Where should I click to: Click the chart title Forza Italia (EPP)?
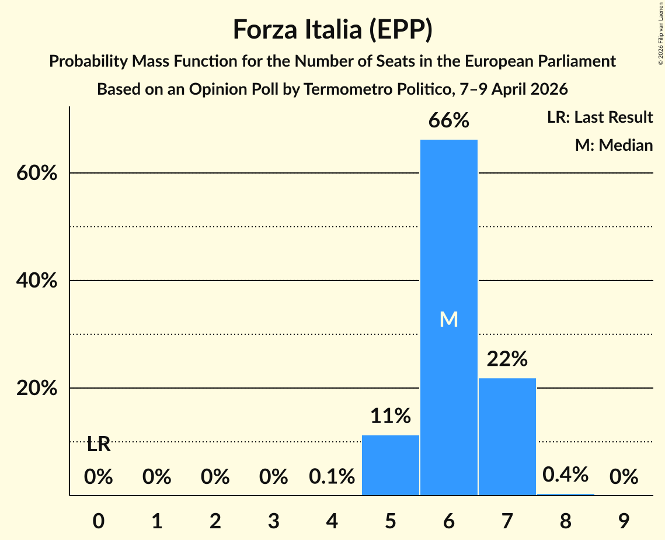point(332,29)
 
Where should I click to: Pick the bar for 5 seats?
point(390,465)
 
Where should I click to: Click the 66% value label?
point(448,121)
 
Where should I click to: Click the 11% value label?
point(390,416)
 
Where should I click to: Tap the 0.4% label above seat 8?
point(565,475)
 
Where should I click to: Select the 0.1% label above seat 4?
point(332,477)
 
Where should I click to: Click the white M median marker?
point(448,319)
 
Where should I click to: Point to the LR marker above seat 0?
point(98,445)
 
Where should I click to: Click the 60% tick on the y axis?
point(36,174)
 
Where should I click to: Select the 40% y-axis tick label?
point(36,281)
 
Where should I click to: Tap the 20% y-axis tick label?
point(36,389)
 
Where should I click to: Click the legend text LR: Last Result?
point(600,117)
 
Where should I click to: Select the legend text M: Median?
point(614,145)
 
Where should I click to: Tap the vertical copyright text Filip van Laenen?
point(660,29)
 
